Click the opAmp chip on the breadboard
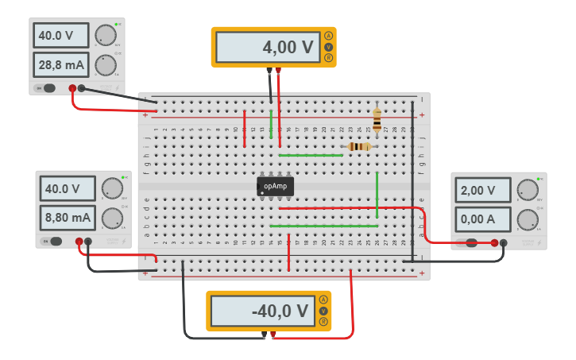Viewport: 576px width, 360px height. (276, 186)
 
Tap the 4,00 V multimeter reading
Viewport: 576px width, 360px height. (267, 48)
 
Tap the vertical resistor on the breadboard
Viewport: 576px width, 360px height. (377, 119)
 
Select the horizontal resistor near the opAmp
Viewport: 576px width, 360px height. (360, 146)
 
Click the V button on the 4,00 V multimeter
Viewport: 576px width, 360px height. (328, 47)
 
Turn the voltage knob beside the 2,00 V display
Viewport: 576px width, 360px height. (527, 190)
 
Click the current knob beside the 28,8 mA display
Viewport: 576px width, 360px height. (105, 64)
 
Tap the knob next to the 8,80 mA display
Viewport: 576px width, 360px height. (111, 217)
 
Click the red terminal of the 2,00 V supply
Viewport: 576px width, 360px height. (494, 243)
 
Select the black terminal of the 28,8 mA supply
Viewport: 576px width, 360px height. (82, 88)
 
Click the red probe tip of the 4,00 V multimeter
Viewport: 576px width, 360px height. (278, 71)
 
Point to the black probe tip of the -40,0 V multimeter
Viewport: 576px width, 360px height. (265, 335)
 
